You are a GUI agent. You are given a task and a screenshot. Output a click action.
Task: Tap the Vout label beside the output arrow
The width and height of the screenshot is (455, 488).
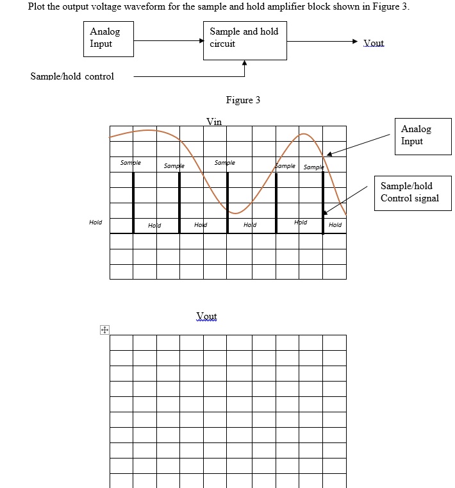pos(373,44)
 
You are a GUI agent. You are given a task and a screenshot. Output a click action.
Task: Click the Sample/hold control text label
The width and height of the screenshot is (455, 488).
pos(72,76)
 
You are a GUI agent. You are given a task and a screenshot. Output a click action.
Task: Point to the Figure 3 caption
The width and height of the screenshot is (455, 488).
pos(243,100)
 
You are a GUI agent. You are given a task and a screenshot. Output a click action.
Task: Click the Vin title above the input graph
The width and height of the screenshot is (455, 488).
pos(214,122)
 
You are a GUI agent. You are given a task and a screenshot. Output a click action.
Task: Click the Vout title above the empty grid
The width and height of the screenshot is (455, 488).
pos(206,316)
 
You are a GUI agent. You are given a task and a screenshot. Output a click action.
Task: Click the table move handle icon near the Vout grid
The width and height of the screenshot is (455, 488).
pos(103,330)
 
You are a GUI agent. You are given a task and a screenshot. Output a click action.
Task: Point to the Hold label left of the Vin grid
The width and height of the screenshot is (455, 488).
pos(95,222)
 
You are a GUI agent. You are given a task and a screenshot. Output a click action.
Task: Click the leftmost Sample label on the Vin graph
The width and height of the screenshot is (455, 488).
pos(130,163)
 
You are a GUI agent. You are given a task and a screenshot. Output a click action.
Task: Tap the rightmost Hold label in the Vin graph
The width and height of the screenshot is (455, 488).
pos(335,225)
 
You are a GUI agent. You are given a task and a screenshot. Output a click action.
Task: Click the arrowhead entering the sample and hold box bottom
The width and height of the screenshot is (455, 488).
pos(244,63)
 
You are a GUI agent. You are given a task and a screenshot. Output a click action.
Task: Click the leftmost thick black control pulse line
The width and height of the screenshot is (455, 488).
pos(133,202)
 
